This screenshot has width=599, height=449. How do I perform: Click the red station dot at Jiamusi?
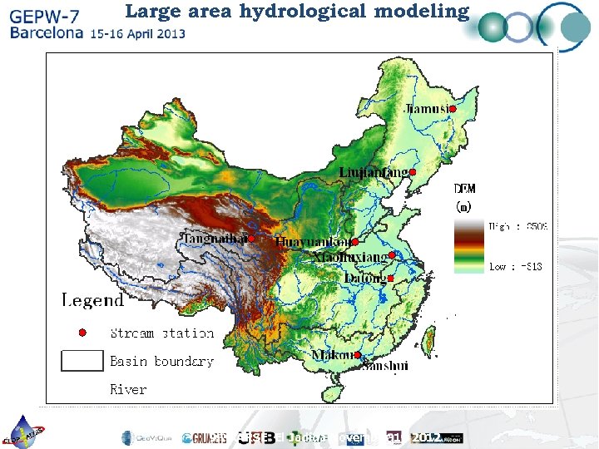point(454,109)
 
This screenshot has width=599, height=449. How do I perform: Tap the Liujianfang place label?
point(373,172)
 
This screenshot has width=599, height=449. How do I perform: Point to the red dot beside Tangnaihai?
point(251,239)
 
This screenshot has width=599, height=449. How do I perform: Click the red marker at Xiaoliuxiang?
point(392,255)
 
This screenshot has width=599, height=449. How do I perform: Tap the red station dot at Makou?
point(357,355)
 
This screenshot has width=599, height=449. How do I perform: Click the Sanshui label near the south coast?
point(384,365)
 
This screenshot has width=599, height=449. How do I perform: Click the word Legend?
point(92,300)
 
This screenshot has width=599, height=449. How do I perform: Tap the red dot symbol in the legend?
point(82,333)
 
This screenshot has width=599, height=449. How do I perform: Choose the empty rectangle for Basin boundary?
point(82,361)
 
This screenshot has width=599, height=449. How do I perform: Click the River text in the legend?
point(128,389)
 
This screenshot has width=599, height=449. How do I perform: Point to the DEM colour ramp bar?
point(468,246)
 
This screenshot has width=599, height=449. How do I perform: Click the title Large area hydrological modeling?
point(297,11)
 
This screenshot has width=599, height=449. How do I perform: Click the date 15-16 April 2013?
point(138,34)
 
